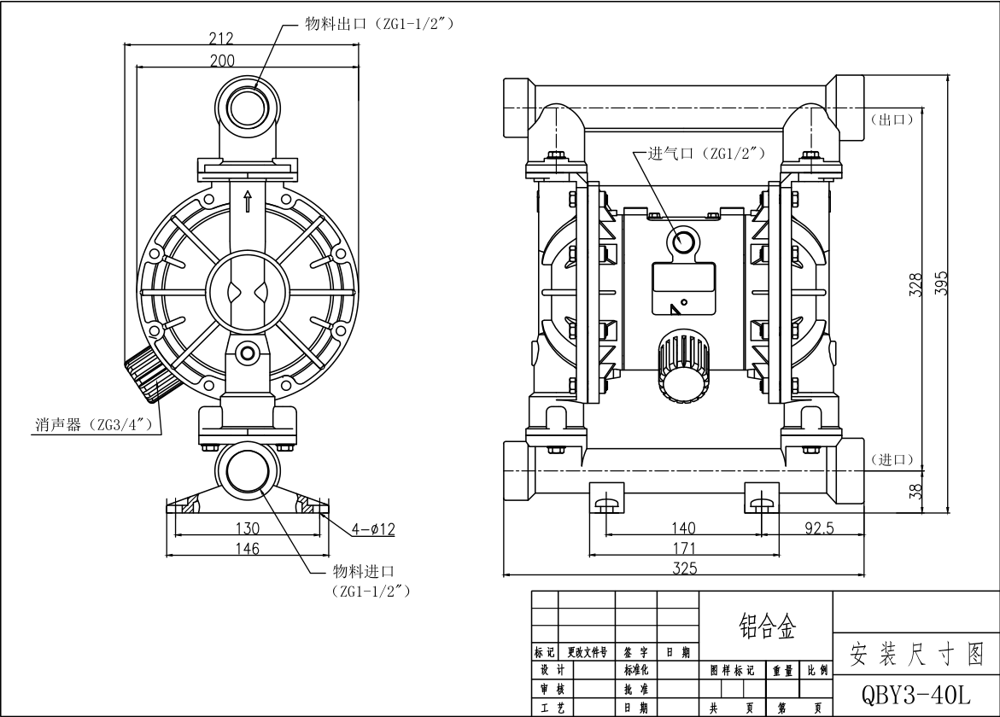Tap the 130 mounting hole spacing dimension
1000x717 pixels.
248,528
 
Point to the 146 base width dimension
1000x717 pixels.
248,549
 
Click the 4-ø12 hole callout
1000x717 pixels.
372,529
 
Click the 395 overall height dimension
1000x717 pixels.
941,283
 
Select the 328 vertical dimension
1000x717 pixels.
916,283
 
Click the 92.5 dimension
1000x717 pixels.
818,528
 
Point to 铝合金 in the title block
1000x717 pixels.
766,628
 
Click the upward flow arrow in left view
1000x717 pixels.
248,201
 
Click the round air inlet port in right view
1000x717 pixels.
685,242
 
